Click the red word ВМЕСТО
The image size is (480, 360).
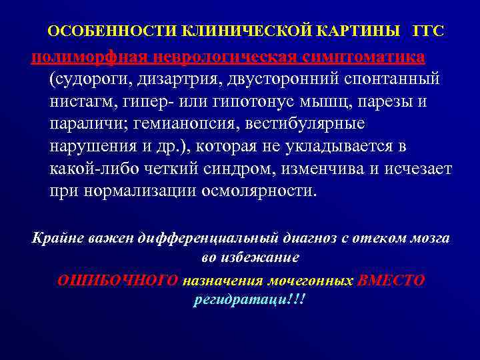pyautogui.click(x=391, y=280)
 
